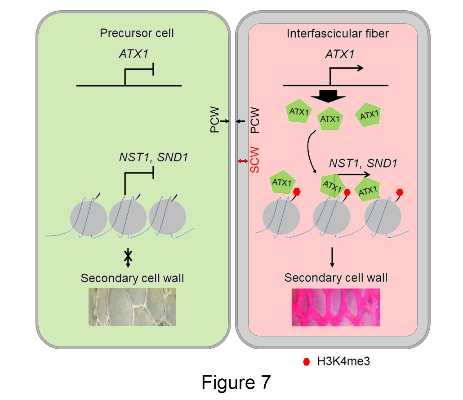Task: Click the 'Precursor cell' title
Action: click(x=137, y=33)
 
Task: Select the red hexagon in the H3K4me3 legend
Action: click(x=307, y=360)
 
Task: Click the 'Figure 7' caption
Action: click(x=236, y=382)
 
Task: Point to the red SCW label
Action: click(x=255, y=160)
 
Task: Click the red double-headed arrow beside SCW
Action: click(x=243, y=161)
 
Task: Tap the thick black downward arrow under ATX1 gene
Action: click(x=330, y=95)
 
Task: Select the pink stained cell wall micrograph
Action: click(x=336, y=307)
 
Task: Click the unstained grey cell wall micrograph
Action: click(x=132, y=307)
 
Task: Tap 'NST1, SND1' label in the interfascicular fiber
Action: click(x=363, y=163)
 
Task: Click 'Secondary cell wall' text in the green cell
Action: click(x=132, y=278)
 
